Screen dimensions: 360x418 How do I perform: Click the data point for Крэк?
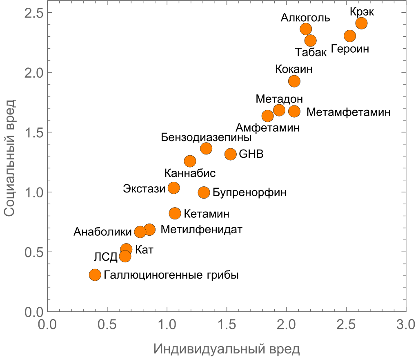(361, 23)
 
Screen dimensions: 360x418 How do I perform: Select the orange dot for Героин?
(350, 36)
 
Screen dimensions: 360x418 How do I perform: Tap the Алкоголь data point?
(306, 29)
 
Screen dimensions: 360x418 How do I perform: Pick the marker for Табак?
(310, 40)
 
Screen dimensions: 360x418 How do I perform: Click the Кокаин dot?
(294, 81)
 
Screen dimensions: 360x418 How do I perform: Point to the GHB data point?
(231, 154)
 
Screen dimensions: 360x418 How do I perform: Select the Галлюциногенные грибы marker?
(95, 275)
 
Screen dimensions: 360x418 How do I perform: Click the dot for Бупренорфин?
(204, 192)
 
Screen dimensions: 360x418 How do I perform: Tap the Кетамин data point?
(175, 213)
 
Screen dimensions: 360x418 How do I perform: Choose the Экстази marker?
(174, 188)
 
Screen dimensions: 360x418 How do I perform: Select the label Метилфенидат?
(202, 229)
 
